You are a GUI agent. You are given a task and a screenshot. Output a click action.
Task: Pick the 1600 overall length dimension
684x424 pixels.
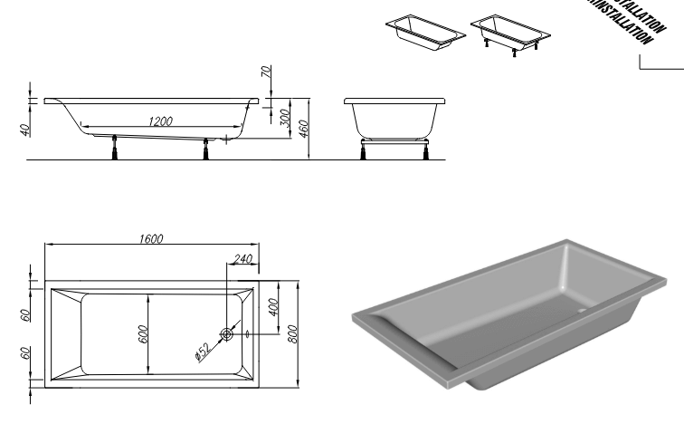click(x=151, y=239)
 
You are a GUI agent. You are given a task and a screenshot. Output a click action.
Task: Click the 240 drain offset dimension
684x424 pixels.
click(x=242, y=259)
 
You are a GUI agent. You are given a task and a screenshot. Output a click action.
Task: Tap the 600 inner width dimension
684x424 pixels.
click(x=143, y=333)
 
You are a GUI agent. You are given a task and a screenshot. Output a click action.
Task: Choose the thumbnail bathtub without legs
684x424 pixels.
click(x=425, y=32)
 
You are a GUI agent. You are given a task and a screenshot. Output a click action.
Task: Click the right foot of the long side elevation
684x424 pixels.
click(x=209, y=148)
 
